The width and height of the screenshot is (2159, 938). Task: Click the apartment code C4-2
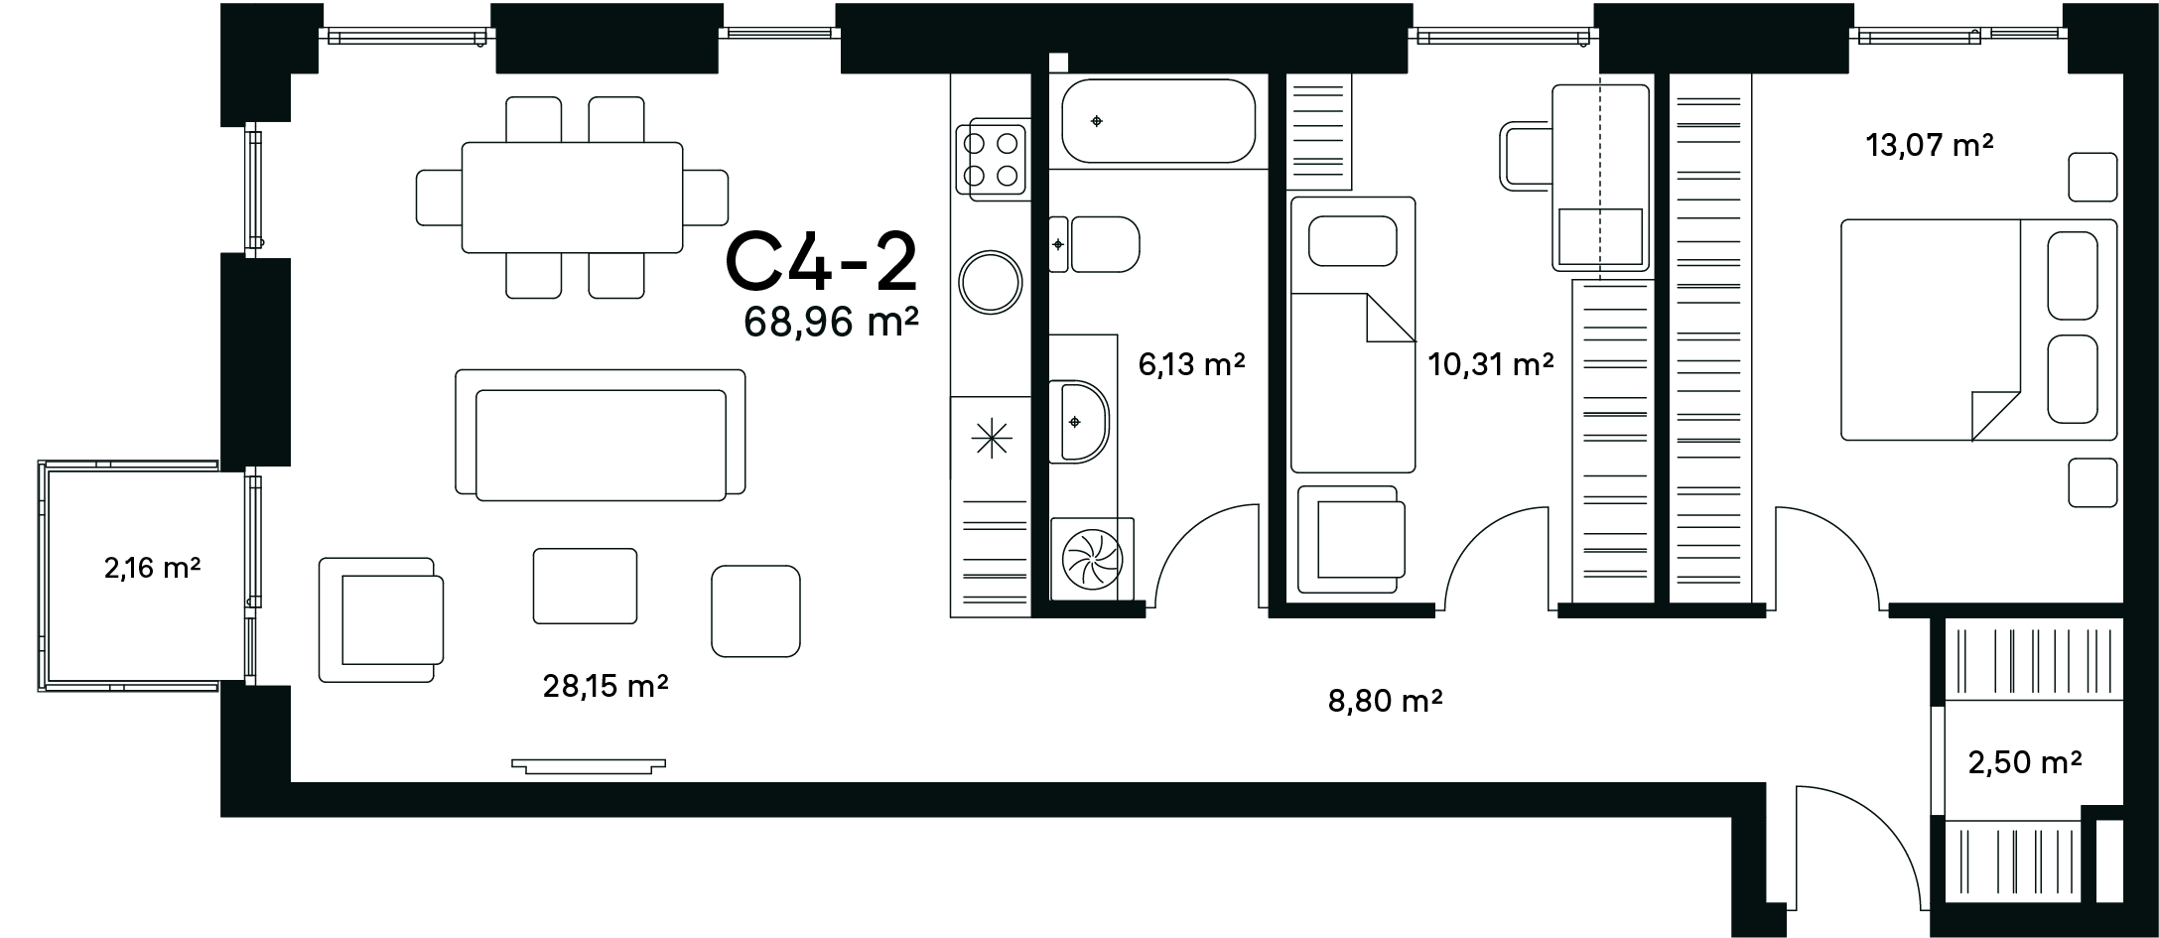pyautogui.click(x=822, y=262)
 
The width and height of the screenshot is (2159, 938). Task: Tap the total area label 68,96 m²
pyautogui.click(x=831, y=323)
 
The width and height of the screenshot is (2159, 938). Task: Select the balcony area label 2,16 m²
pyautogui.click(x=153, y=569)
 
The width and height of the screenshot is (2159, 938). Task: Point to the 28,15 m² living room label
pyautogui.click(x=606, y=686)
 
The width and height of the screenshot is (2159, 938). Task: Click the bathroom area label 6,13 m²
pyautogui.click(x=1191, y=365)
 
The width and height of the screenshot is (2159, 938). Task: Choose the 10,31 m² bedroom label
pyautogui.click(x=1491, y=365)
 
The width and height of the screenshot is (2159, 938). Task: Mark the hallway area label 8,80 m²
pyautogui.click(x=1385, y=702)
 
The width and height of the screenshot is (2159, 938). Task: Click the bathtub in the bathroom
pyautogui.click(x=1158, y=121)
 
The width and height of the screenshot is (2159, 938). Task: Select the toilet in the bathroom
pyautogui.click(x=1095, y=244)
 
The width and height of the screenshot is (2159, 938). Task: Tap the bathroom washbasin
pyautogui.click(x=1079, y=421)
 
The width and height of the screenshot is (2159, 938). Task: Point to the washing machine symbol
pyautogui.click(x=1092, y=560)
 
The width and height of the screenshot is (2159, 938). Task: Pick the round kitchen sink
pyautogui.click(x=991, y=283)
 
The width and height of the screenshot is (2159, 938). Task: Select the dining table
pyautogui.click(x=572, y=198)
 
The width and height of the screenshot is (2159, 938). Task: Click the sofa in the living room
pyautogui.click(x=601, y=435)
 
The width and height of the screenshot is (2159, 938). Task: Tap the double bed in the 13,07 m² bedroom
pyautogui.click(x=1979, y=330)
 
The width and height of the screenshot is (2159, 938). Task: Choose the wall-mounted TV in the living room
pyautogui.click(x=589, y=765)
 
